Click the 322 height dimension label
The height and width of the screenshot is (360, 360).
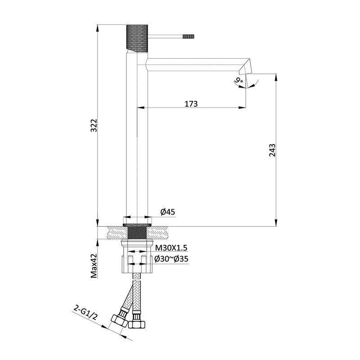[x=94, y=127]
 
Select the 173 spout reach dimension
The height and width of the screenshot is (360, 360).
[x=191, y=103]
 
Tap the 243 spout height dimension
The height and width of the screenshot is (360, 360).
[x=272, y=150]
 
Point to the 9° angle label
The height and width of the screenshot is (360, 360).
[x=238, y=81]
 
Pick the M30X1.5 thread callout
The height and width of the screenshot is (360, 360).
[x=171, y=248]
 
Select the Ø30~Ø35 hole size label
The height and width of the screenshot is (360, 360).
[x=171, y=259]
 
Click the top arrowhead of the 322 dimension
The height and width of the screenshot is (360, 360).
[x=98, y=25]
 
